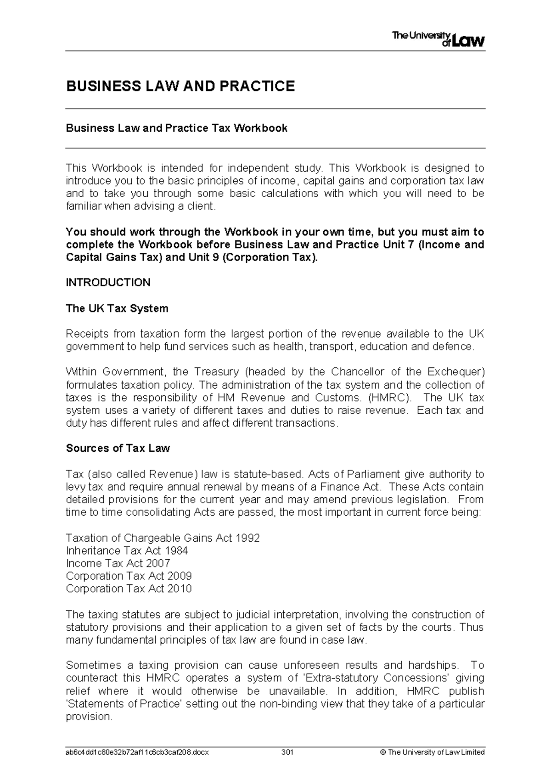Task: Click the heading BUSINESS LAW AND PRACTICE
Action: pyautogui.click(x=180, y=86)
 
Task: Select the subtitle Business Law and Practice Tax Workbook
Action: pyautogui.click(x=177, y=128)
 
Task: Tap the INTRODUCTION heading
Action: pyautogui.click(x=108, y=283)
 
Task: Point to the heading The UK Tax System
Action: pyautogui.click(x=117, y=308)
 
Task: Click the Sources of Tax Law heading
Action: pyautogui.click(x=118, y=448)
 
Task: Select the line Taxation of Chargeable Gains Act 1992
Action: pyautogui.click(x=163, y=538)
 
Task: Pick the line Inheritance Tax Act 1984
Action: pyautogui.click(x=127, y=550)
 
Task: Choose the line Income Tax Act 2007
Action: pyautogui.click(x=118, y=563)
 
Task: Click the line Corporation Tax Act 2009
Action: pyautogui.click(x=129, y=576)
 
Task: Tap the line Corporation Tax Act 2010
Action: pyautogui.click(x=129, y=589)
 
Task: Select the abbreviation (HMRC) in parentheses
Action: pyautogui.click(x=390, y=397)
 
